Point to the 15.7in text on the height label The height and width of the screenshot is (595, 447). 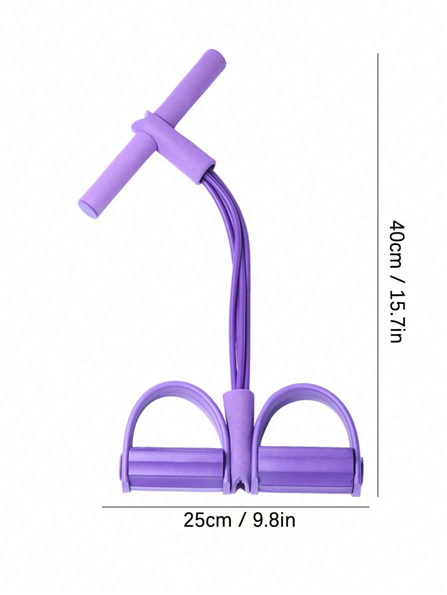click(x=397, y=317)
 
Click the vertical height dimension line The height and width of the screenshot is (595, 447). click(x=378, y=275)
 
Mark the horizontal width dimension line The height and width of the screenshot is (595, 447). click(x=236, y=507)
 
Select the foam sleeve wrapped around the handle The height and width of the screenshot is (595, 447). click(x=173, y=147)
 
